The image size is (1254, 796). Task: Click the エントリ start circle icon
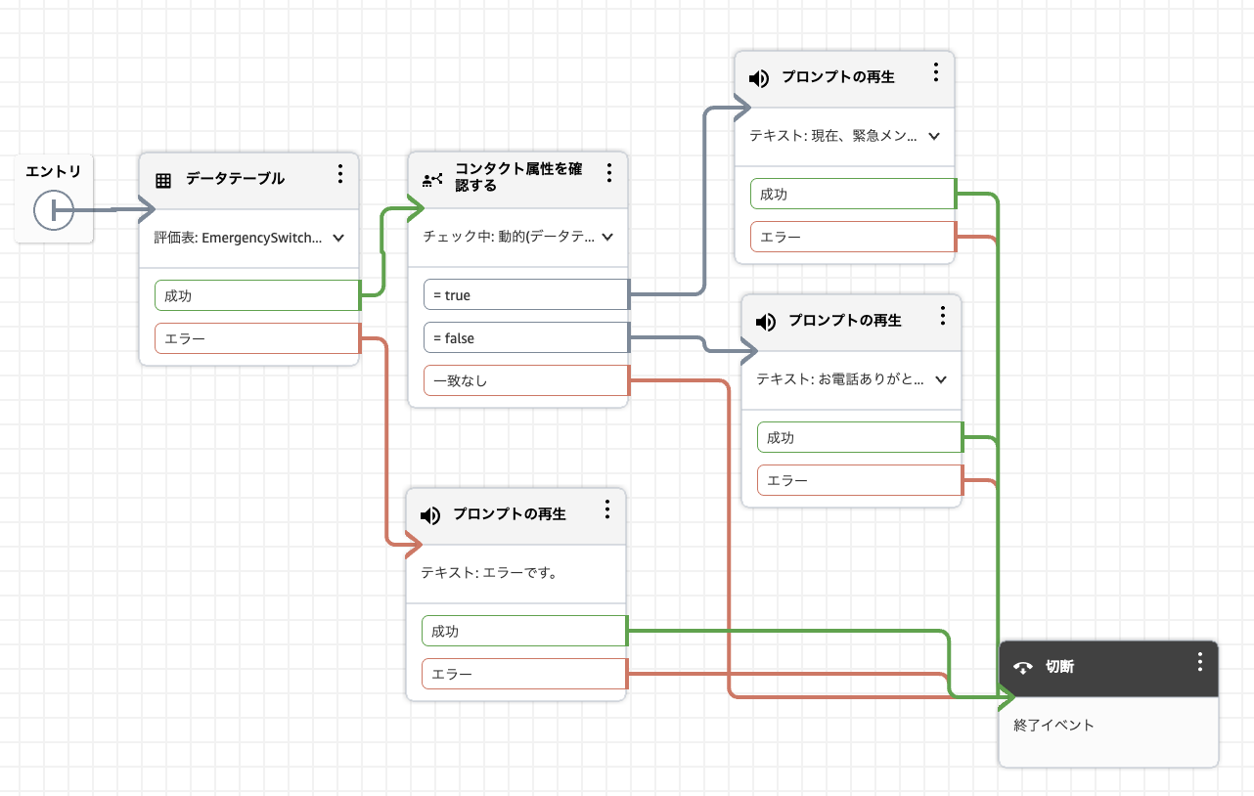click(53, 210)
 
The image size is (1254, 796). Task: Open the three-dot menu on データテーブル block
click(340, 174)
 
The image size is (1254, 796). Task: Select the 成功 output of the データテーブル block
click(257, 295)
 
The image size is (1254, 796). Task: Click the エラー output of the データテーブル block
click(257, 338)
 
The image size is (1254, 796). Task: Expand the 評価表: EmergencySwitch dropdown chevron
click(338, 237)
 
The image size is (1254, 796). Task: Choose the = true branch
click(525, 295)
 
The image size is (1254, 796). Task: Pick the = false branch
click(525, 338)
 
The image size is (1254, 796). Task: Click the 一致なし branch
click(525, 381)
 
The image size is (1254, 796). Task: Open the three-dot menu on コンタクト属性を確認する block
click(608, 173)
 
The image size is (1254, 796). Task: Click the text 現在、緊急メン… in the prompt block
click(833, 136)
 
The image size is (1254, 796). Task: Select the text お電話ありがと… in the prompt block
click(840, 379)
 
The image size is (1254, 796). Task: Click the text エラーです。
click(489, 574)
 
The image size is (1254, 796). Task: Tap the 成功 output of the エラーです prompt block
click(523, 632)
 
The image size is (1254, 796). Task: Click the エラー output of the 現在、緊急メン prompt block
click(852, 238)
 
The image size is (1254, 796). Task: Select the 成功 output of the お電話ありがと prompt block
click(859, 438)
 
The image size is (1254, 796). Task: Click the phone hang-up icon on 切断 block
click(1023, 668)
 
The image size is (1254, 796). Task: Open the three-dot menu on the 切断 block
click(1200, 662)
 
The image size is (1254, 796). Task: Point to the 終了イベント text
click(1053, 726)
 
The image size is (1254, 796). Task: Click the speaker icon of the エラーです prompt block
click(430, 515)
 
